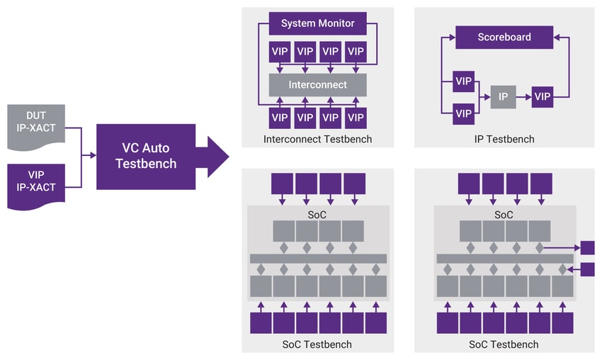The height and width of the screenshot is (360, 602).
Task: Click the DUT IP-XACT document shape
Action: point(36,127)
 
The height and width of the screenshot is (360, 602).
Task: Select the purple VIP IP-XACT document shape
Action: point(36,186)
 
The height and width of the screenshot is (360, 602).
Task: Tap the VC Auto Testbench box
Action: point(146,157)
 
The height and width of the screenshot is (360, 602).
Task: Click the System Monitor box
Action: point(317,23)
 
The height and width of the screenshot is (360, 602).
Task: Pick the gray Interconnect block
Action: point(317,85)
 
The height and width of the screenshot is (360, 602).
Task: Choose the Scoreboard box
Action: point(504,38)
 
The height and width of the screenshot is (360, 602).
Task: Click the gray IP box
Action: point(503,97)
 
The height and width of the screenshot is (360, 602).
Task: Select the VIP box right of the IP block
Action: point(543,97)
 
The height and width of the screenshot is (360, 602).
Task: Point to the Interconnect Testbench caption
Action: point(317,139)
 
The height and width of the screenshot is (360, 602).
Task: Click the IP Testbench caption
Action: point(504,139)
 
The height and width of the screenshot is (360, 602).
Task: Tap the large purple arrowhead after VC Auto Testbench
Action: point(218,157)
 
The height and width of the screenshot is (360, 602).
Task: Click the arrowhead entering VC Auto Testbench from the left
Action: point(93,155)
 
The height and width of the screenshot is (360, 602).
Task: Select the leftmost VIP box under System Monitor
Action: point(280,52)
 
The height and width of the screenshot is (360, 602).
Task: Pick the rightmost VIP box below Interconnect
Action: point(356,118)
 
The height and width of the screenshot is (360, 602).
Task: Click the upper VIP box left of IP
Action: point(463,81)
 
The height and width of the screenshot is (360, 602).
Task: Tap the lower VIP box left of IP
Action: point(463,113)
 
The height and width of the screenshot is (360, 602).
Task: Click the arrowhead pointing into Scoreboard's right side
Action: point(557,38)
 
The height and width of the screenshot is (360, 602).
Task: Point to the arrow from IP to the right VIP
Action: point(523,97)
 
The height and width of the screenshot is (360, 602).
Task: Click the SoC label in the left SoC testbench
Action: point(317,215)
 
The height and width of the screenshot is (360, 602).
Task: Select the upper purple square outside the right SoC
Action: point(587,248)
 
